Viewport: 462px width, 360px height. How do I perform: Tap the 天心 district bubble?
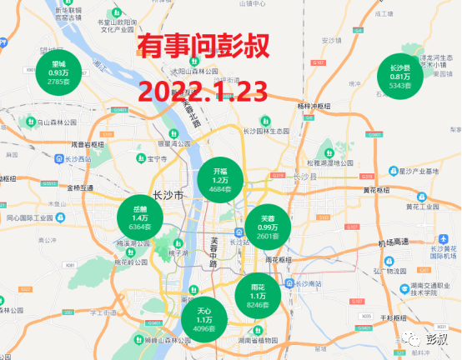204,318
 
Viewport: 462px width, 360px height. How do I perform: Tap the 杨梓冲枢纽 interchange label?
314,106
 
